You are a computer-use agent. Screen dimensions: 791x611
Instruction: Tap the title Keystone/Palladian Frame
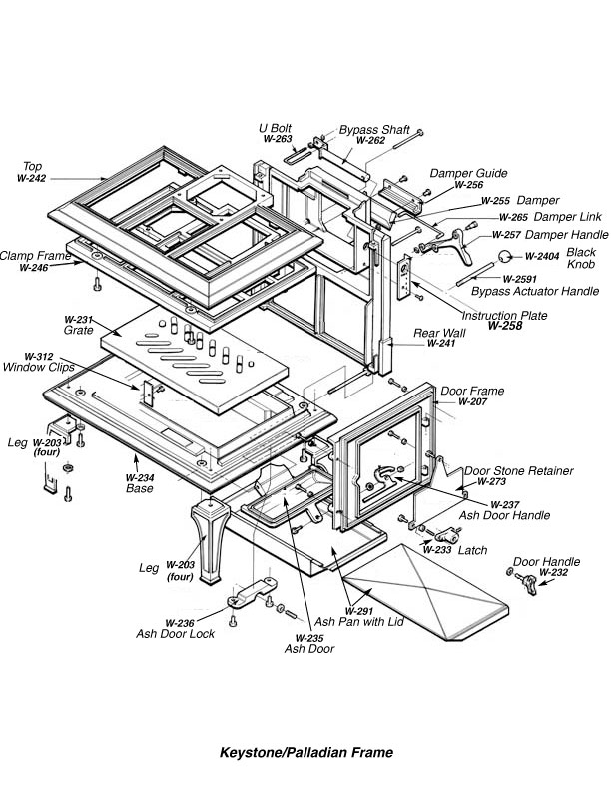(306, 752)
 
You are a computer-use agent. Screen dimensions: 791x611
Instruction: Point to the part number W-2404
(544, 257)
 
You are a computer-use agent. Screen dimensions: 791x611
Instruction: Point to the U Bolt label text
(277, 128)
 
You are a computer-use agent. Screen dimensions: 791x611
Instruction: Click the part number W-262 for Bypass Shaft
(370, 141)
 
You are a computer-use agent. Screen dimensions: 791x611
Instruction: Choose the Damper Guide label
(469, 173)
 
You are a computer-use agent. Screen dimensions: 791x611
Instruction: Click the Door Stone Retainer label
(518, 470)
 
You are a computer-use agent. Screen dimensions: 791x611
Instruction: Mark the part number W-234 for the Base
(139, 477)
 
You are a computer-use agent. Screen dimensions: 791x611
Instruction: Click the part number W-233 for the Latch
(437, 550)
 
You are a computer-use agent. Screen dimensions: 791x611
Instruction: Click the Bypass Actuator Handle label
(525, 291)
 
